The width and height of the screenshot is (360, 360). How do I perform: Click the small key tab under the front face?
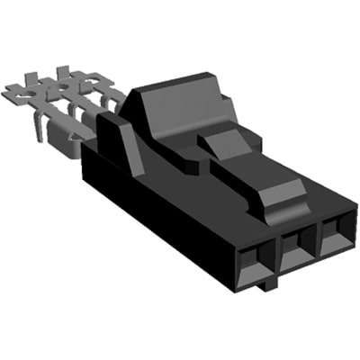[x=268, y=287]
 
